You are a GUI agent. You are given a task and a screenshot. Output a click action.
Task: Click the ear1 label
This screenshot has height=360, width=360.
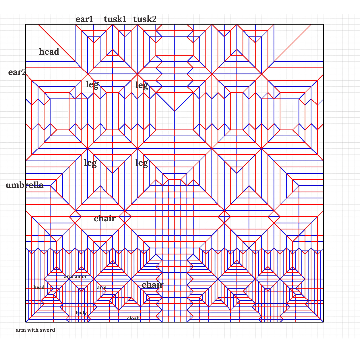coord(84,19)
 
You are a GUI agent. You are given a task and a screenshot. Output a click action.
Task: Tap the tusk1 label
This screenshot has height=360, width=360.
coord(115,19)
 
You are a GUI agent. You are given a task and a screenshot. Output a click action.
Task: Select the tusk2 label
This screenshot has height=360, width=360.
coord(145,19)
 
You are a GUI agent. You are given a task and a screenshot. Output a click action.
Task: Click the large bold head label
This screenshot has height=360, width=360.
coord(49,52)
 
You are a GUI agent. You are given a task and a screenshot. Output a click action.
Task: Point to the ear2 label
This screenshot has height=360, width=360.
coord(17,72)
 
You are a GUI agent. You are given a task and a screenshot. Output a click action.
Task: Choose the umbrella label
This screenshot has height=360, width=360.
coord(25,185)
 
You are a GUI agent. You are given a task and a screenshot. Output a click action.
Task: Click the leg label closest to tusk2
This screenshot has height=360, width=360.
coord(141,85)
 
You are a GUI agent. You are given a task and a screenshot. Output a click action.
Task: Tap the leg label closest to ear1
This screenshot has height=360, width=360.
coord(92,85)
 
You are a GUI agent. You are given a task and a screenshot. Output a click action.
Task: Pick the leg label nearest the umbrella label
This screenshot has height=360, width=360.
coord(90,163)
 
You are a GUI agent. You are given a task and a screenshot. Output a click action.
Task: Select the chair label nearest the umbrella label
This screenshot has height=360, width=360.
coord(105,218)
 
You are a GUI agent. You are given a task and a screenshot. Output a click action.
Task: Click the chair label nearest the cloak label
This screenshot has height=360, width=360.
coord(152,285)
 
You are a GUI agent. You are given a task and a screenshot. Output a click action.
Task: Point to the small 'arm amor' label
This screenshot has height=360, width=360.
coord(75,276)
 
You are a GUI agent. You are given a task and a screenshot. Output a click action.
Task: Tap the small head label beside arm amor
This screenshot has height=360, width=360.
coord(39,287)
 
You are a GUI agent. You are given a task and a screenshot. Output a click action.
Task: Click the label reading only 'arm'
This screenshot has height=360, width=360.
coord(102,287)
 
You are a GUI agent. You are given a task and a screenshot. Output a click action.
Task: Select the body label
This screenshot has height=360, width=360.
coord(81,313)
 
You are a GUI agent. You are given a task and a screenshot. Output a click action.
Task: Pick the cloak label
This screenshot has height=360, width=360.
coord(133,319)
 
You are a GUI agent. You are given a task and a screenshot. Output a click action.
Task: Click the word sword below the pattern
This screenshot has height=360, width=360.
coord(48,330)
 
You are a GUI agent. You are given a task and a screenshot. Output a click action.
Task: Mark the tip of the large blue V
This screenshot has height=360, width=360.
coord(175,111)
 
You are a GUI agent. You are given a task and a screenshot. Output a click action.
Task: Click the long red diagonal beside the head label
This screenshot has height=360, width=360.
coord(57,43)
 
